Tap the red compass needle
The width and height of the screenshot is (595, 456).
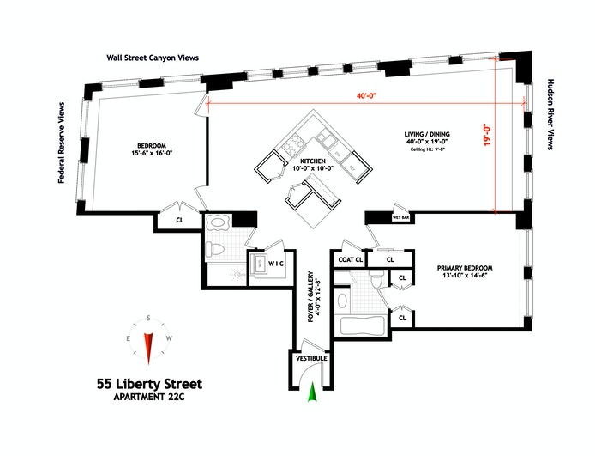click(x=148, y=346)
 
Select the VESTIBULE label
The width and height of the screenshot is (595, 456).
click(x=310, y=358)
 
